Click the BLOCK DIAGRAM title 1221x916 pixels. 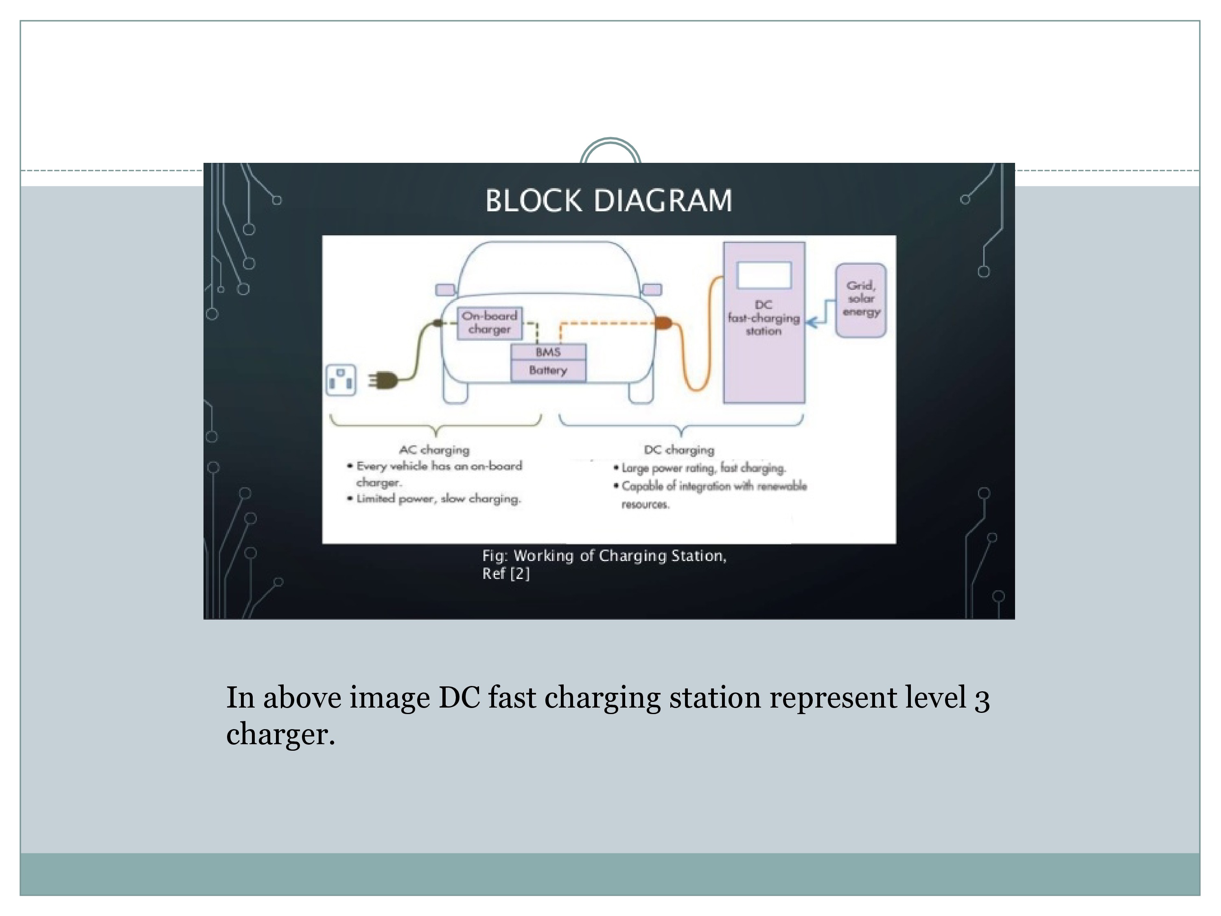(608, 200)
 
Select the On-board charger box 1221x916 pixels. (489, 322)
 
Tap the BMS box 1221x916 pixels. (548, 352)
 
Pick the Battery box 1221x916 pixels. (548, 370)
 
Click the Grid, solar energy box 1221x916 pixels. (860, 299)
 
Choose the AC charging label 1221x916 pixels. (434, 450)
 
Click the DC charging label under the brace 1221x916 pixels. (679, 450)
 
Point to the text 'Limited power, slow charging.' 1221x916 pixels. (438, 499)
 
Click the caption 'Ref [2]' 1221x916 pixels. (505, 574)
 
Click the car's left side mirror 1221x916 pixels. (445, 290)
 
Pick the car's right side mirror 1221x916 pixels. (652, 289)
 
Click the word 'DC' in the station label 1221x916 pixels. (764, 305)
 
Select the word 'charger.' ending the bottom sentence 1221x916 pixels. (280, 735)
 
